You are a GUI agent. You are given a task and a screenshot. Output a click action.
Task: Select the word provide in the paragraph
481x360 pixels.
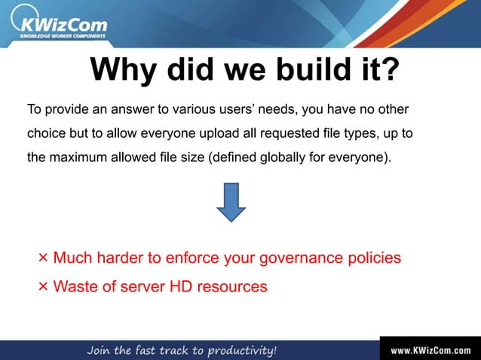tap(65, 110)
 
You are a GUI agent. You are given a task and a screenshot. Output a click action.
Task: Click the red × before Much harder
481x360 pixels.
tap(43, 258)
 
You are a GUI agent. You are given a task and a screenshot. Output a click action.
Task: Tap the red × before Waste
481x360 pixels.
tap(43, 286)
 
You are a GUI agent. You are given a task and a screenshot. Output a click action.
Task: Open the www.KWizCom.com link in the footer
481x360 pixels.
tap(430, 350)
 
